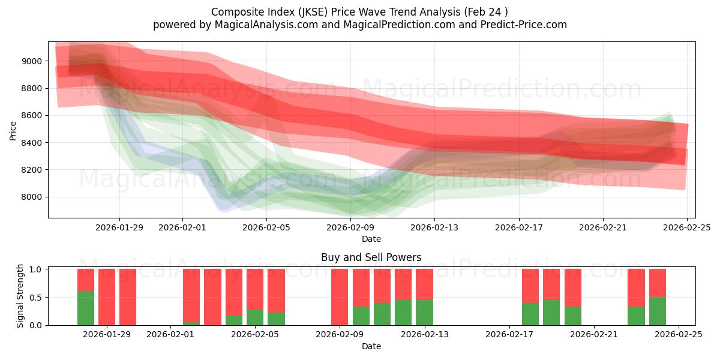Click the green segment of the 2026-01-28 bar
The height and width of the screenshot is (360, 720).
coord(86,308)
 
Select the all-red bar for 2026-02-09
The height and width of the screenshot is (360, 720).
coord(340,297)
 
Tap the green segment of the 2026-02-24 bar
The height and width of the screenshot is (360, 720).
coord(658,311)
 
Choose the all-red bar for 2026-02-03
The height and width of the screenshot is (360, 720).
coord(212,297)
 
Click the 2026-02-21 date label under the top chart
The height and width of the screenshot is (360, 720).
coord(603,228)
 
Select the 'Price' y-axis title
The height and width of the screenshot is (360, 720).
coord(13,130)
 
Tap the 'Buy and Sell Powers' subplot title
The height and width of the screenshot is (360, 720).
coord(371,257)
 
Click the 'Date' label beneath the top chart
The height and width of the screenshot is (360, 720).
coord(371,239)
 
